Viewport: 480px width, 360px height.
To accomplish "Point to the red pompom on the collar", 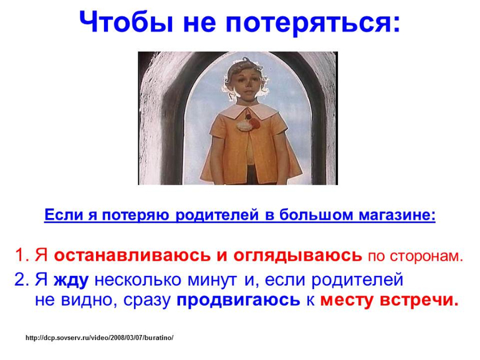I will (249, 116).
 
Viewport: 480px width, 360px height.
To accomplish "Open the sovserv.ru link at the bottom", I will (100, 338).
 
